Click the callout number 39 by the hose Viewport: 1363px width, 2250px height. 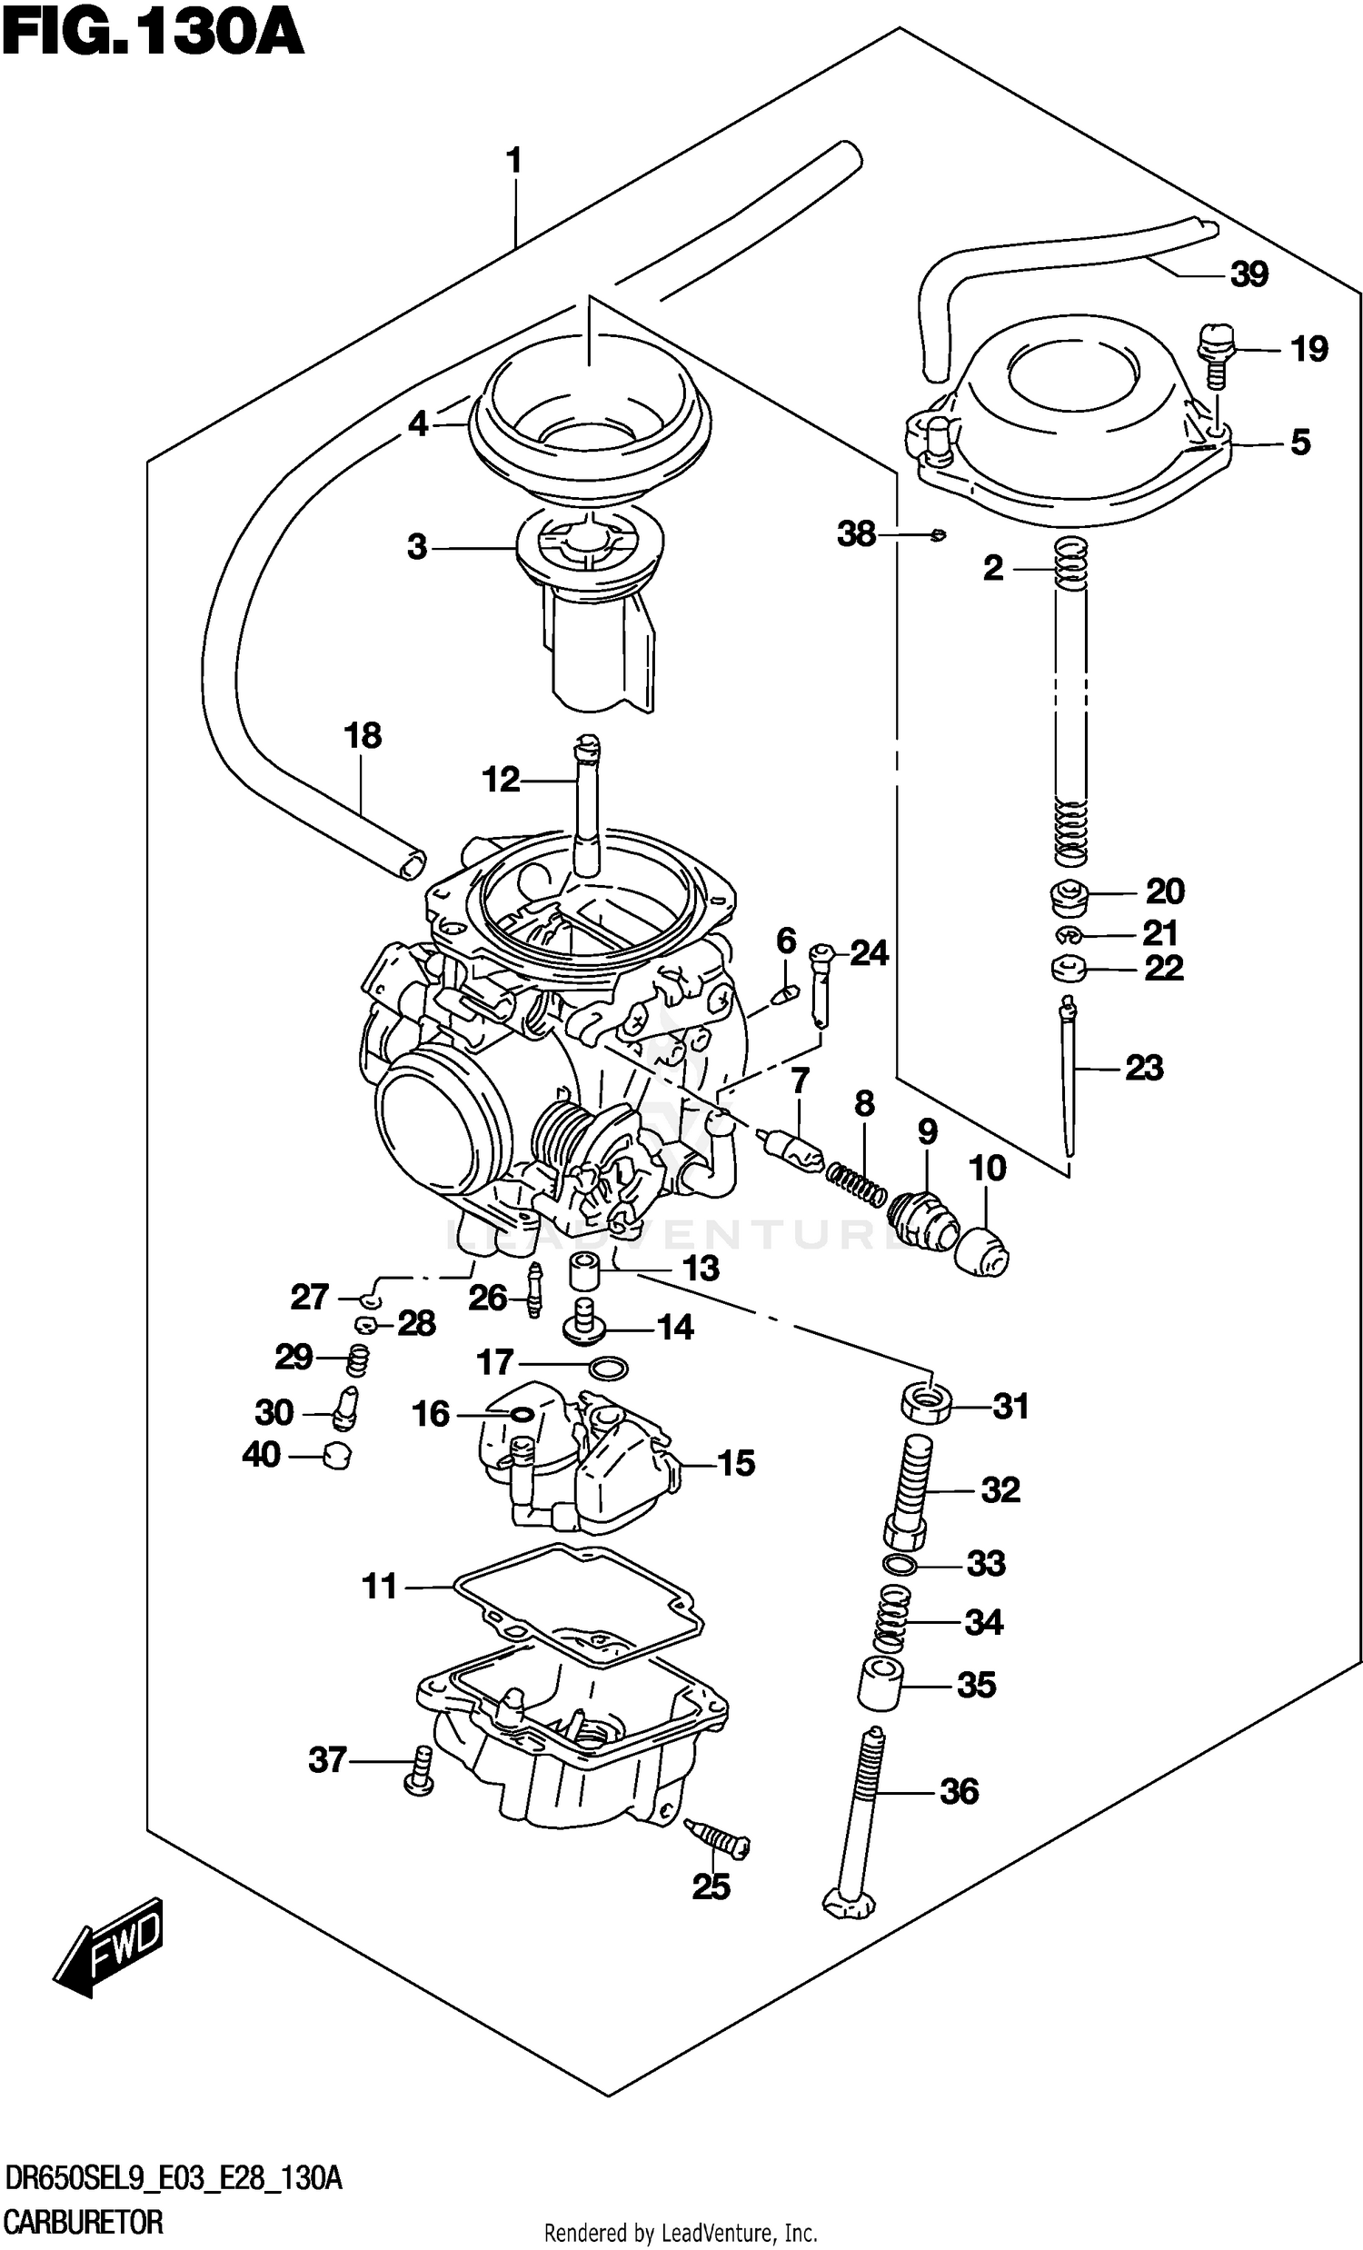(x=1249, y=274)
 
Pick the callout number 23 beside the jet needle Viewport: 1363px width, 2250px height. (x=1144, y=1067)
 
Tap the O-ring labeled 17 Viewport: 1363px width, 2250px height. (x=609, y=1367)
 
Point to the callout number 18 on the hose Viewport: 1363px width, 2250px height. (x=363, y=735)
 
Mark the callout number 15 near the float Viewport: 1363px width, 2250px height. (x=736, y=1464)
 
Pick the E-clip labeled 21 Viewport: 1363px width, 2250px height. (x=1068, y=933)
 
